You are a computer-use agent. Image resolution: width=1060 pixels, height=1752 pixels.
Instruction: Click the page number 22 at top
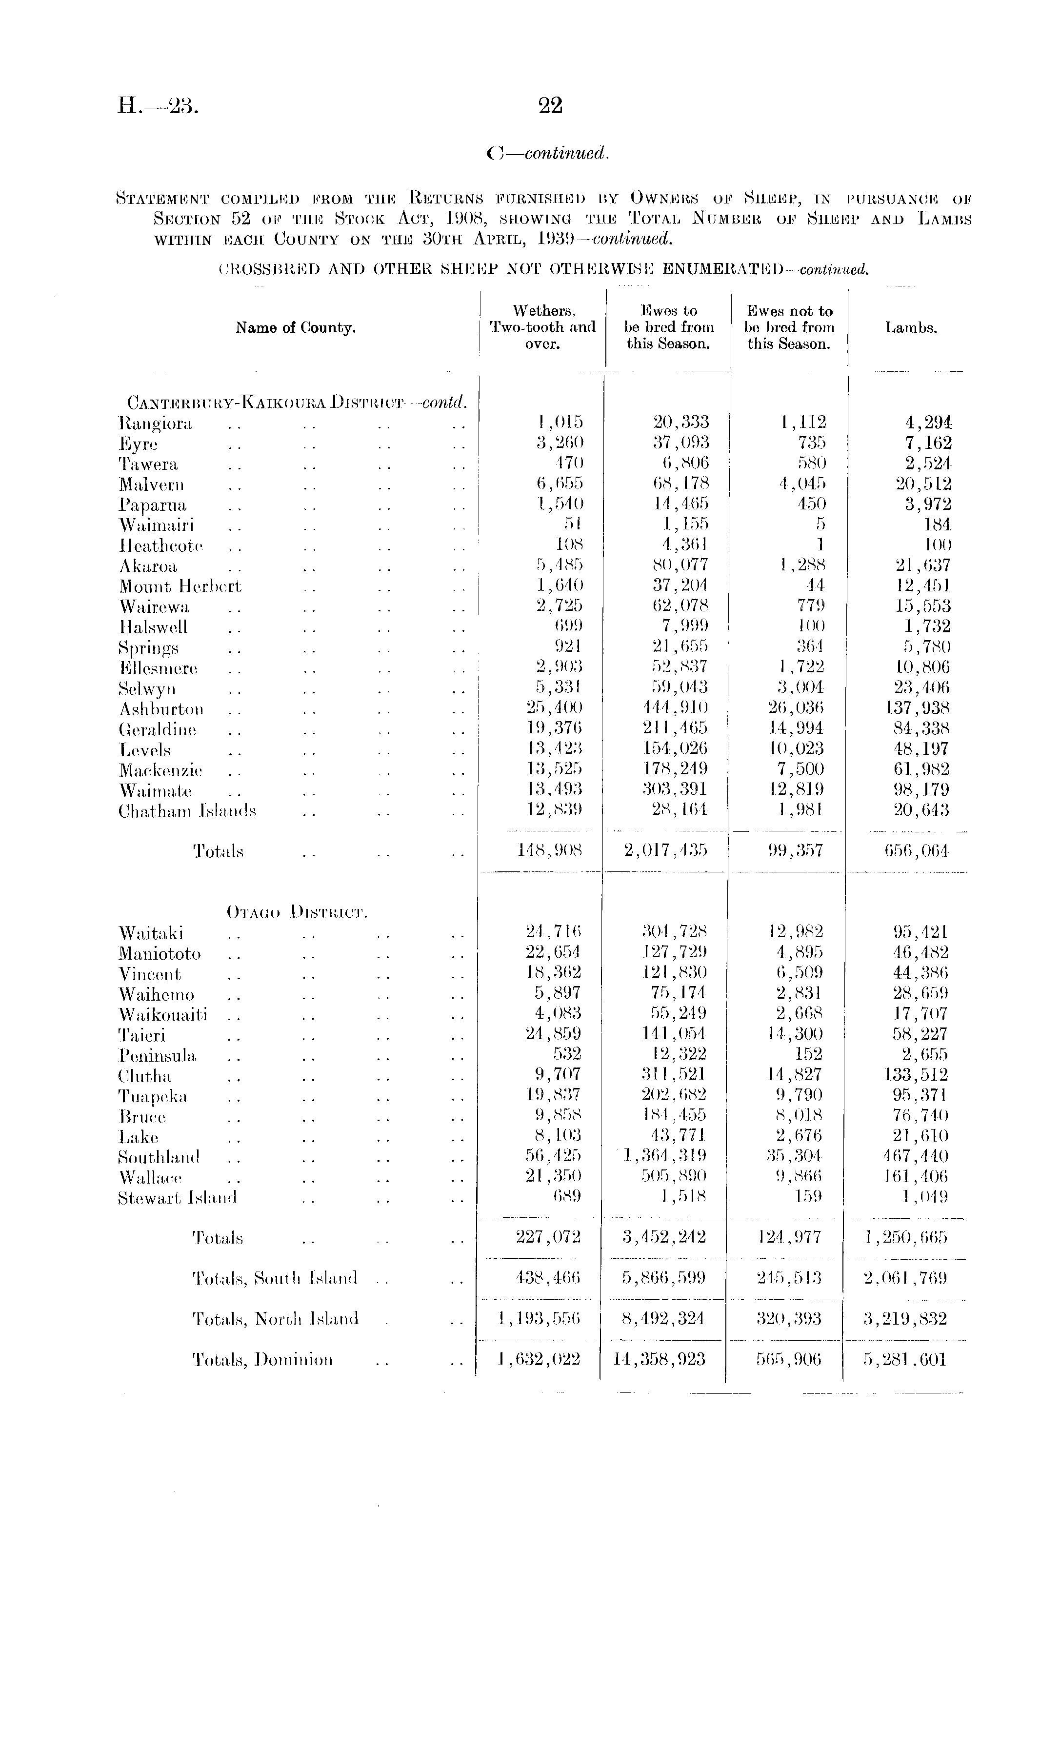coord(550,106)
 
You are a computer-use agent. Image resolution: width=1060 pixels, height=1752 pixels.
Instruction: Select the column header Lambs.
coord(911,328)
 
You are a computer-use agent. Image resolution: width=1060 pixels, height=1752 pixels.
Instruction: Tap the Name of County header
coord(296,328)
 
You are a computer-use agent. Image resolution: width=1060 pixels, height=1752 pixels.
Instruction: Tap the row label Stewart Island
coord(177,1197)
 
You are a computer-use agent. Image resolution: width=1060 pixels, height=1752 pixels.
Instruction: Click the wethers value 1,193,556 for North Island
coord(539,1319)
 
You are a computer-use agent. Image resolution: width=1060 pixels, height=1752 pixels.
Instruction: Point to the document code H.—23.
coord(159,106)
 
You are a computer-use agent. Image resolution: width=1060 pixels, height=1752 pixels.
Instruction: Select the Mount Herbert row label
coord(180,586)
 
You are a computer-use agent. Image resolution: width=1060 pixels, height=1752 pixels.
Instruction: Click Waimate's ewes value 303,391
coord(671,789)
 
